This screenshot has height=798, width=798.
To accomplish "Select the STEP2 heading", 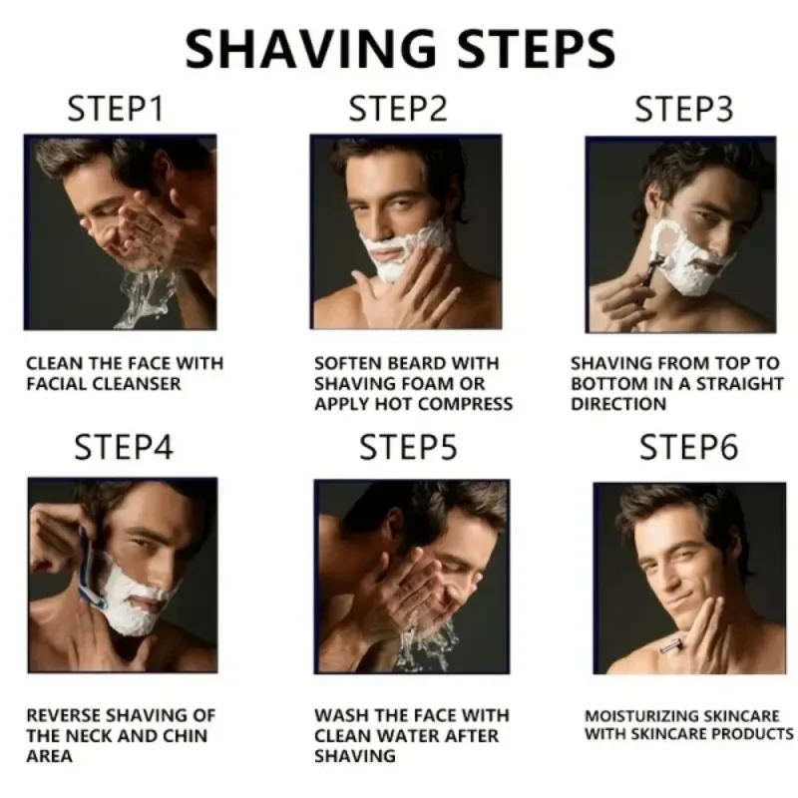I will [397, 109].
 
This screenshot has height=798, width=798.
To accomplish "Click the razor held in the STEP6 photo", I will [670, 649].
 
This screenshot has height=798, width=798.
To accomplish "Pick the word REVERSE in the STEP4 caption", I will [61, 715].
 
